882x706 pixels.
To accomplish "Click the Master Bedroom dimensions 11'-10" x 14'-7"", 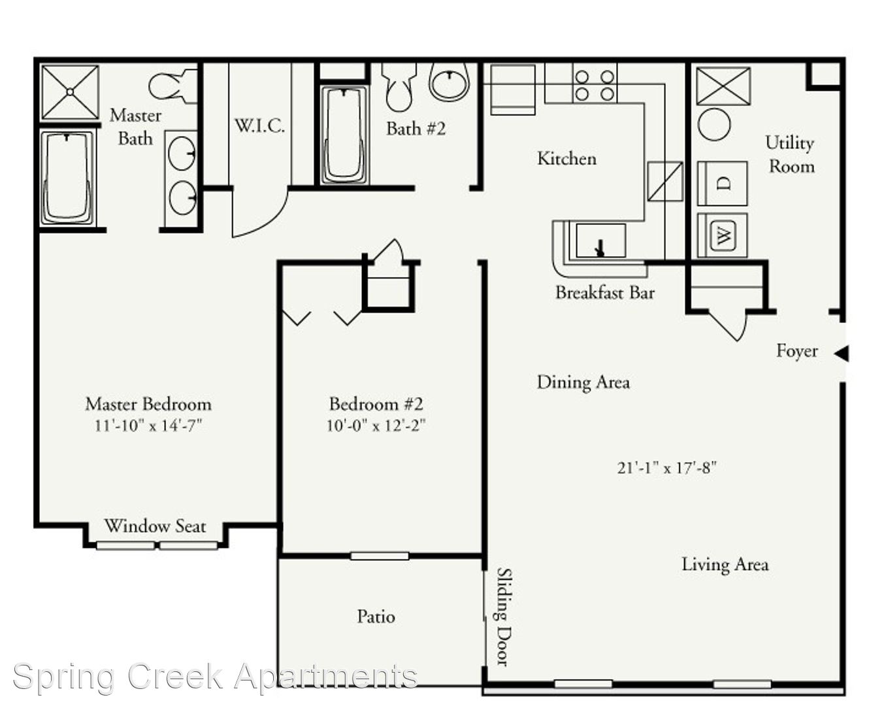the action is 148,426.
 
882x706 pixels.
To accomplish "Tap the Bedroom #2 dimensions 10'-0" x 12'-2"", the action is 376,426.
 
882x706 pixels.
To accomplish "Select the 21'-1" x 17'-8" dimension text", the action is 667,467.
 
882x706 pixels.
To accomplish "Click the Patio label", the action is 376,616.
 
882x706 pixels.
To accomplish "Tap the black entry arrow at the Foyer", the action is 841,353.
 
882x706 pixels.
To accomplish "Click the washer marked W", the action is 723,235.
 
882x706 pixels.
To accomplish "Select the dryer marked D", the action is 723,184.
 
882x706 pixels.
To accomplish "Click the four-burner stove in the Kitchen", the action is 595,86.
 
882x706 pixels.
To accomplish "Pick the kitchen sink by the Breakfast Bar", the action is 600,241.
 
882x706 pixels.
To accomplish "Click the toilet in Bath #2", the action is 399,87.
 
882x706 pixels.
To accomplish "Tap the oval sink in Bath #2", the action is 449,82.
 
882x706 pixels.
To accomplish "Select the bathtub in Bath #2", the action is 344,135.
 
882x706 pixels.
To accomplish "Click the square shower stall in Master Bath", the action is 70,92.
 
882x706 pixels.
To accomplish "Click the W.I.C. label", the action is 259,126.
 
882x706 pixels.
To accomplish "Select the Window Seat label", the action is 155,526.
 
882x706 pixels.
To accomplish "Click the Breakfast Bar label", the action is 605,292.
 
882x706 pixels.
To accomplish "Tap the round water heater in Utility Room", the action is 714,124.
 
